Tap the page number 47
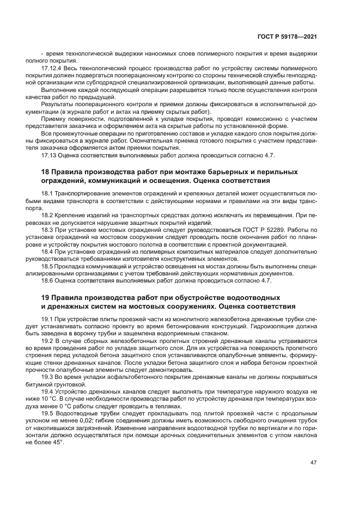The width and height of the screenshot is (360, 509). tap(314, 462)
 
